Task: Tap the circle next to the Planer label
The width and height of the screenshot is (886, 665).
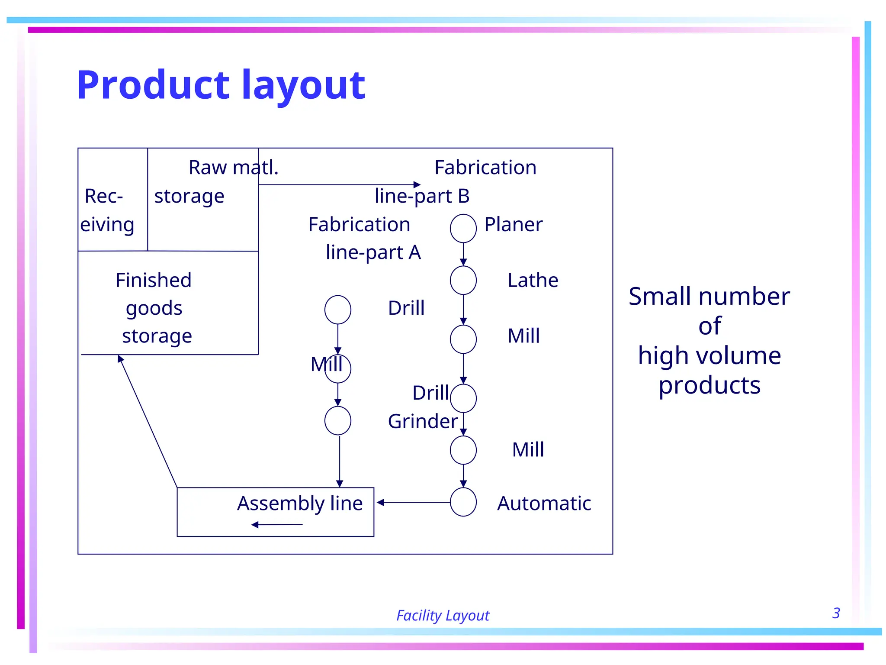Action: (463, 228)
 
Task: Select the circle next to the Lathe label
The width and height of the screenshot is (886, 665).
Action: (463, 280)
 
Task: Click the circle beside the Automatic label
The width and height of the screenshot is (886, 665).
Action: (463, 502)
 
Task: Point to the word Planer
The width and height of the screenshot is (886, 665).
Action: (513, 225)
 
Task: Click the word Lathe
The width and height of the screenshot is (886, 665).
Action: (533, 281)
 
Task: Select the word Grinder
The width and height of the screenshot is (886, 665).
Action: (423, 421)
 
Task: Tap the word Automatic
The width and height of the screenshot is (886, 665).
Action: (544, 504)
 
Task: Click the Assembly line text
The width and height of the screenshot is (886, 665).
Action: (300, 504)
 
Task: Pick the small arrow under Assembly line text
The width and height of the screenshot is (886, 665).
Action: (277, 525)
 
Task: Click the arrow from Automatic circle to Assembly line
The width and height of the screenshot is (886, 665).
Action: (413, 503)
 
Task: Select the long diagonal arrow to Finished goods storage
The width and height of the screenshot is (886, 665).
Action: (148, 421)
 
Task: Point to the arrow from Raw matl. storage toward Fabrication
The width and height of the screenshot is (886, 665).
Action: (340, 185)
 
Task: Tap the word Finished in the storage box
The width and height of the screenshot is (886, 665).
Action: (154, 281)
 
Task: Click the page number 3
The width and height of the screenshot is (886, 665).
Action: (836, 613)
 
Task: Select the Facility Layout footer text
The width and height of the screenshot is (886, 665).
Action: (443, 615)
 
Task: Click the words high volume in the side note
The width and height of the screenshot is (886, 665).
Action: (709, 356)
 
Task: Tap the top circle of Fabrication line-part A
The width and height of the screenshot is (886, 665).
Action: (337, 310)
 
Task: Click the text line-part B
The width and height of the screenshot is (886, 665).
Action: (422, 196)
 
